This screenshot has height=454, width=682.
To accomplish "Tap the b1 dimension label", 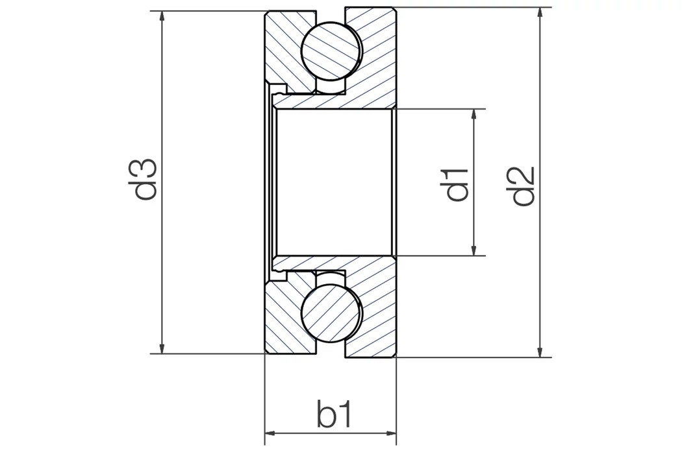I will pos(335,414).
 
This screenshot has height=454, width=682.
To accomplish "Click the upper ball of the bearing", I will pos(331,51).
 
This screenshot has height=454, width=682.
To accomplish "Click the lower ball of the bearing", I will pos(331,312).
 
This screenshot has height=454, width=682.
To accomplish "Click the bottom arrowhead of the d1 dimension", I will pos(475,250).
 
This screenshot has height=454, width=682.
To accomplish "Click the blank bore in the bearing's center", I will pos(335,182).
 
